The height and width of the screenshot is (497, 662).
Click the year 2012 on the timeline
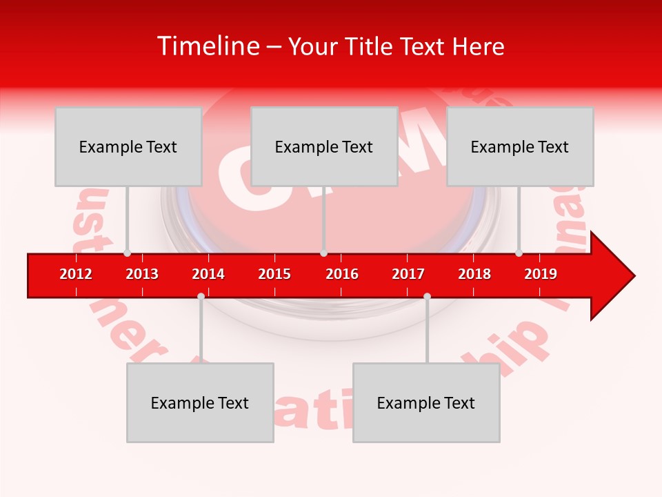coord(76,274)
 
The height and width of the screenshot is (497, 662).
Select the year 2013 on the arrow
coord(142,274)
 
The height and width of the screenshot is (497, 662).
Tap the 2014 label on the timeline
coord(208,274)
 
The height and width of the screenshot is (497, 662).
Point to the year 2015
coord(274,274)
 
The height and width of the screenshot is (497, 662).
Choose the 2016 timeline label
coord(342,274)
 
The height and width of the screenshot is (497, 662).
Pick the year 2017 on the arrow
coord(408,274)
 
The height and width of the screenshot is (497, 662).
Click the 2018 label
coord(474,274)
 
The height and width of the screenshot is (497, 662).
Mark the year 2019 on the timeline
coord(541,274)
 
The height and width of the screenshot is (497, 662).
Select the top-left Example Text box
coord(128,146)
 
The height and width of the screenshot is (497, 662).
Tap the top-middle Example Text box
coord(324,146)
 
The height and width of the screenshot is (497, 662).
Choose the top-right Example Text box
coord(520,146)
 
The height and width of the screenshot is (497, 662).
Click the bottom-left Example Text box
coord(200,402)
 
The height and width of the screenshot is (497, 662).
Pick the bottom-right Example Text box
coord(426,402)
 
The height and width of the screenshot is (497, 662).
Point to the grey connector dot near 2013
coord(127,253)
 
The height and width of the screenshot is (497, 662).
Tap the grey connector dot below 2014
coord(201,296)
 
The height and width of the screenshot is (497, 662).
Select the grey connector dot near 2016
coord(323,253)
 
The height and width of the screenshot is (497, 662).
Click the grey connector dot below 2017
coord(427,296)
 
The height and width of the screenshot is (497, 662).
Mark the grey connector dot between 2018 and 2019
coord(519,253)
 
